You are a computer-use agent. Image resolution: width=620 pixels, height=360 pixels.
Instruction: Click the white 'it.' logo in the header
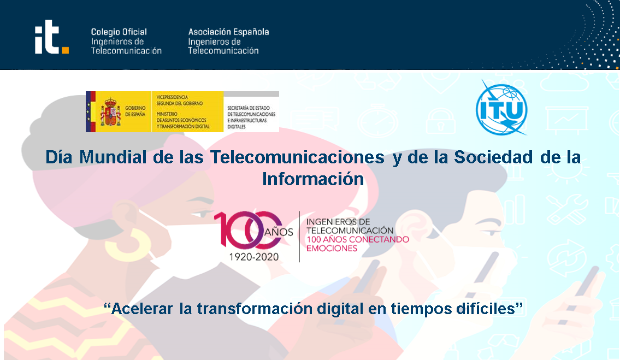pos(51,37)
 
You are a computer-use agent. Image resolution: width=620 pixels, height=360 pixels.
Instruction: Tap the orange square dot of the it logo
pos(65,50)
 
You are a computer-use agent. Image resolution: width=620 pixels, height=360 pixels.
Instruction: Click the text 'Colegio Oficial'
pos(119,32)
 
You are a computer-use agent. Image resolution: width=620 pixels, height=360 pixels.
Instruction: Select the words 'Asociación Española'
pos(228,32)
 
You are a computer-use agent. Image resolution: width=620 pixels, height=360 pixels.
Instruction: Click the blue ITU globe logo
pos(501,108)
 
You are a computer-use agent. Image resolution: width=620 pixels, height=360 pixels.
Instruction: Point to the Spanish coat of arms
pos(110,112)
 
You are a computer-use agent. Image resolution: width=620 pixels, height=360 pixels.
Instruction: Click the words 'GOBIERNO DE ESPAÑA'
pos(135,111)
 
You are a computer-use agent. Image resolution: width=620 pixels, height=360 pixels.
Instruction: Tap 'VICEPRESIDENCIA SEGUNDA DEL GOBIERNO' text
pos(180,100)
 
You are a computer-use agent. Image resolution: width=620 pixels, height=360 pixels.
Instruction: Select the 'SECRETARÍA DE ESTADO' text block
pos(251,117)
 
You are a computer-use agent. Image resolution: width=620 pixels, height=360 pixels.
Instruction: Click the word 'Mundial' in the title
pos(113,157)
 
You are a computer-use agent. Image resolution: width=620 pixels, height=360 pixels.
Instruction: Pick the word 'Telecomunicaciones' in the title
pos(297,157)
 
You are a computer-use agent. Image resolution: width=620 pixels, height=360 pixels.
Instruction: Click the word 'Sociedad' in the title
pos(493,157)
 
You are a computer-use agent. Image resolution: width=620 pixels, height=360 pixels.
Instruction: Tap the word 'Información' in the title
pos(313,179)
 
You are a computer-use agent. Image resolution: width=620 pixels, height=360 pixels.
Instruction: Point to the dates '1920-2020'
pos(254,257)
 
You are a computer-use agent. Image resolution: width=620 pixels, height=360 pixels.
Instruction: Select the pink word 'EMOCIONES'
pos(332,248)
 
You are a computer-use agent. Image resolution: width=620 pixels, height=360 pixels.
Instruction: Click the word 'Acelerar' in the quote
pos(143,309)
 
